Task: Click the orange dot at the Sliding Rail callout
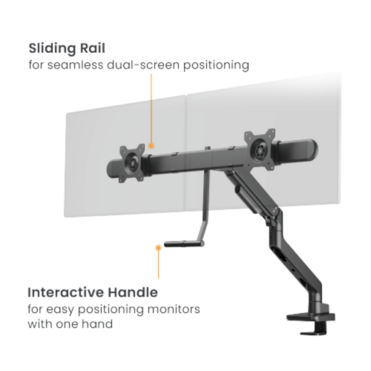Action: click(151, 146)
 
